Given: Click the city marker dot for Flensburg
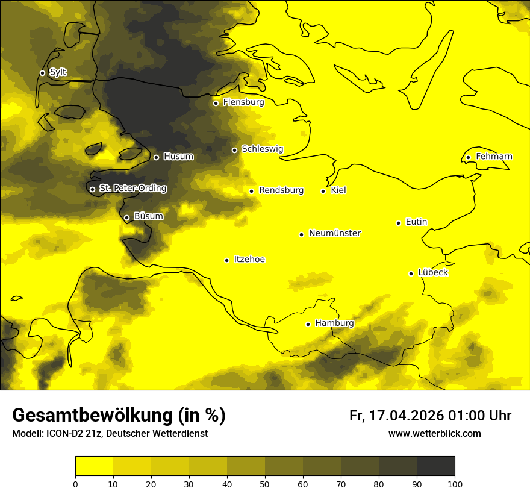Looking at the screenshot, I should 216,103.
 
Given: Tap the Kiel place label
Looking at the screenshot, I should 338,190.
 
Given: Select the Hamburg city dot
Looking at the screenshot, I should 308,324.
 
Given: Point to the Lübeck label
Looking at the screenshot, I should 432,273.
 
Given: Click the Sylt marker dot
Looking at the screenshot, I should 42,73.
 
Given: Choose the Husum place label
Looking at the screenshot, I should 178,157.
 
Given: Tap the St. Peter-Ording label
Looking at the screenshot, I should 132,189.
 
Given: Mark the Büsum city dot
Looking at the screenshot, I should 126,217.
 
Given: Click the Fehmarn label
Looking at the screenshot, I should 494,157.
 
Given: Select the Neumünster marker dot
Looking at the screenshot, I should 301,234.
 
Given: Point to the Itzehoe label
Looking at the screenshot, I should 249,260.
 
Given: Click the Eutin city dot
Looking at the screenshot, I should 398,223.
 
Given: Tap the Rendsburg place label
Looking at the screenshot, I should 281,190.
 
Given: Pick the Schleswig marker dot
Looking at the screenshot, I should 234,150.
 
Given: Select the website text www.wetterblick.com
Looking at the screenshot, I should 434,434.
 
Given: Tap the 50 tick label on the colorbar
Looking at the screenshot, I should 265,484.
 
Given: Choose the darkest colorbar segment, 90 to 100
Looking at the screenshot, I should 435,466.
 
